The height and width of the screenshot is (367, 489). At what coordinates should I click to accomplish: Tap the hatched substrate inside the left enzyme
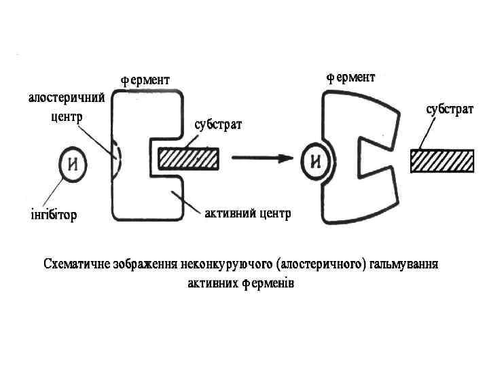tap(188, 159)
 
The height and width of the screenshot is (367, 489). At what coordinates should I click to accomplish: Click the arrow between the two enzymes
tap(261, 159)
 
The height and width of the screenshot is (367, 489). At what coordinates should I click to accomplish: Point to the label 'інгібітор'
tap(54, 215)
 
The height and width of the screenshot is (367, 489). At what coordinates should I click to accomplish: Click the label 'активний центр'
tap(247, 215)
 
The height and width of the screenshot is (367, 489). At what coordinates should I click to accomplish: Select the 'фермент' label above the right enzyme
tap(350, 78)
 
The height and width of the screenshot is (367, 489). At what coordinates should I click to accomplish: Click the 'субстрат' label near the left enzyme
tap(219, 126)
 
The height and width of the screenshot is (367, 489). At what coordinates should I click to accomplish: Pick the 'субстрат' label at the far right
tap(450, 109)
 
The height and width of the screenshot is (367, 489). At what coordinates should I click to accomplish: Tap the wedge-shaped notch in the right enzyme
tap(372, 158)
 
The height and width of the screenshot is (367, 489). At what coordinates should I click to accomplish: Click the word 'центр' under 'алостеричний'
tap(67, 116)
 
